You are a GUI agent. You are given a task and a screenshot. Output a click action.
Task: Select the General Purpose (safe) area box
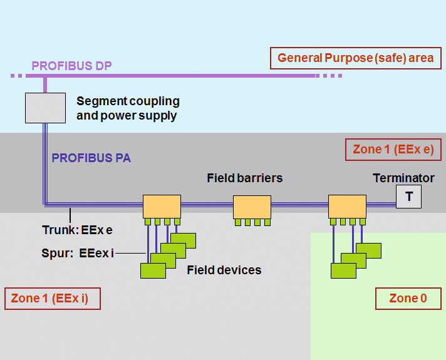coord(355,58)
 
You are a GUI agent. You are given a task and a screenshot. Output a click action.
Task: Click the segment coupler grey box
coord(45,107)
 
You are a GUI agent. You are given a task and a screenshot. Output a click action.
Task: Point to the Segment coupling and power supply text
coord(128,108)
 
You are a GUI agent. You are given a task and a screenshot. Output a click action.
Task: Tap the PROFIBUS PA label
coord(91,158)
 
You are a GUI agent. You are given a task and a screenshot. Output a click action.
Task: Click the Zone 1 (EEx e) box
coord(393,150)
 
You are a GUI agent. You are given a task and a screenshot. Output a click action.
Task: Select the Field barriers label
coord(244,178)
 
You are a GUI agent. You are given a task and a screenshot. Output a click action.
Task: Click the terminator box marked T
coord(408,197)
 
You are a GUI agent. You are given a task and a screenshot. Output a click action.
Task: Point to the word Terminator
coord(403,178)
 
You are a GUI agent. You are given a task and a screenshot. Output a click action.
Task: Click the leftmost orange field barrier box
coord(162,206)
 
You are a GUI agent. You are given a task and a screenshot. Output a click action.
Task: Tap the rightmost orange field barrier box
coord(347,206)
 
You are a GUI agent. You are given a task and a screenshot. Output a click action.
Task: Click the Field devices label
coord(224,270)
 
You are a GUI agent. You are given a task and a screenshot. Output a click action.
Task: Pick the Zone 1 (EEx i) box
coord(52,299)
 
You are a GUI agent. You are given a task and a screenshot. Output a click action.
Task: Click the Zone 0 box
coord(408,299)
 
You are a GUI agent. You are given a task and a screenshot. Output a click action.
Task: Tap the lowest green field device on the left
coord(153,270)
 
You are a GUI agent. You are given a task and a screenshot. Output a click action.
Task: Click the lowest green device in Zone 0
coord(343,270)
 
